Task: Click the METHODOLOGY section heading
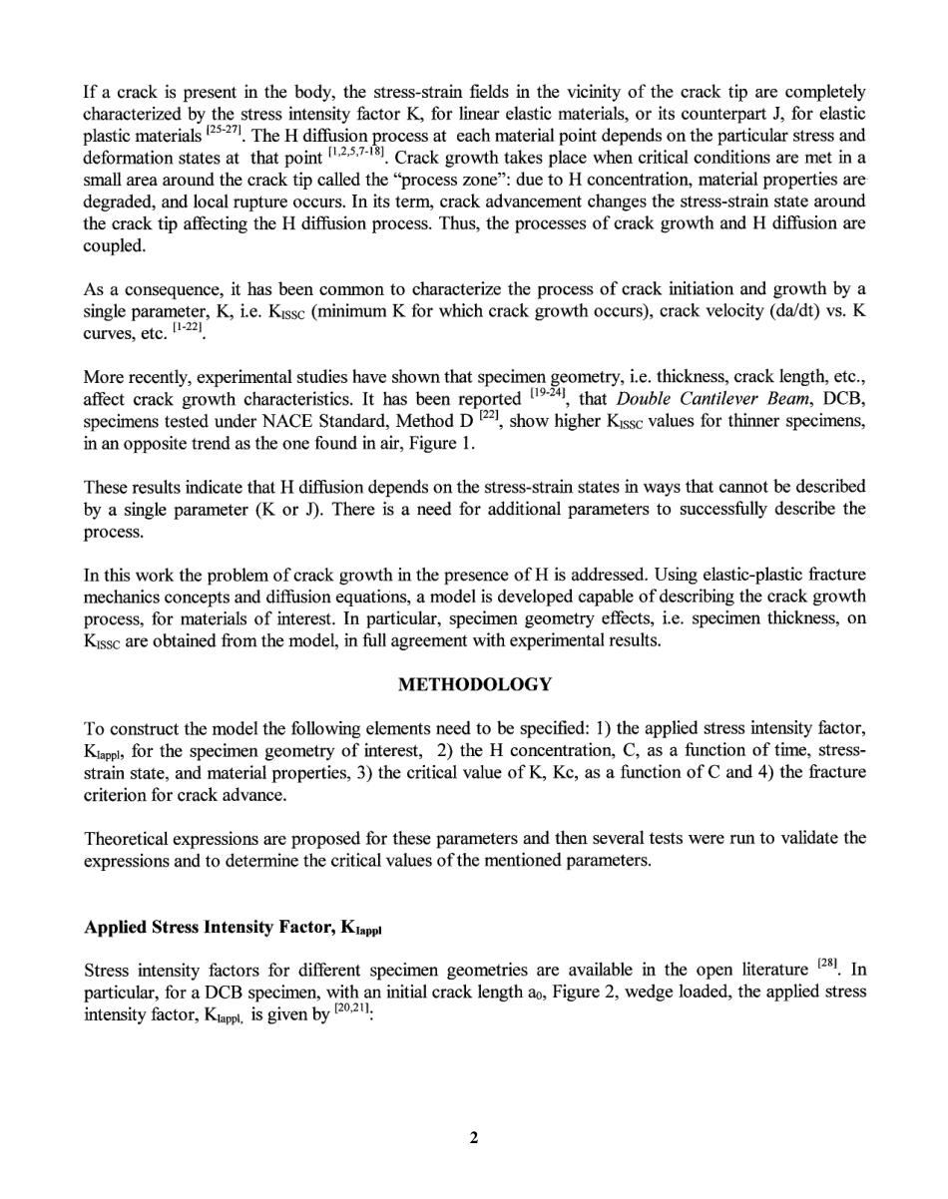point(474,684)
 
